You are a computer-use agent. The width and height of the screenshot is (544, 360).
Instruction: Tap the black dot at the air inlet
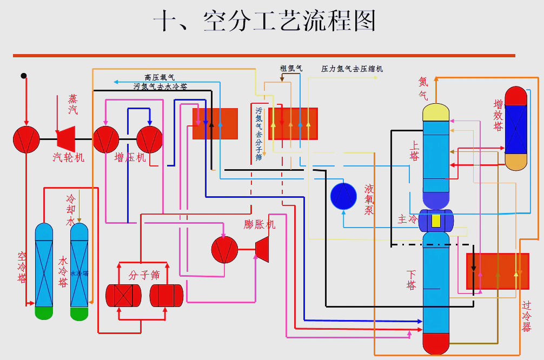(23, 76)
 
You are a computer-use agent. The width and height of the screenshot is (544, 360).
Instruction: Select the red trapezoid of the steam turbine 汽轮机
(66, 139)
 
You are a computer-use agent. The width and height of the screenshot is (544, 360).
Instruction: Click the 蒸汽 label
(73, 104)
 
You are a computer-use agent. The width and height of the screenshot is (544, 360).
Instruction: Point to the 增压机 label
(130, 158)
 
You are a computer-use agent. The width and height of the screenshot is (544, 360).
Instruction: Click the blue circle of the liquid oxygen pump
(343, 196)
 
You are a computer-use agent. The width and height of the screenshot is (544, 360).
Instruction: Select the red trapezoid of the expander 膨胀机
(262, 249)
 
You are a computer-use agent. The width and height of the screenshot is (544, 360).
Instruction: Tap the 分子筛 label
(144, 275)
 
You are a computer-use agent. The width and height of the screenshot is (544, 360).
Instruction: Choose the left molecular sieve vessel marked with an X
(123, 295)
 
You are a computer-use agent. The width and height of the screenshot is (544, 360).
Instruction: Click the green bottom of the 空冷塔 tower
(44, 312)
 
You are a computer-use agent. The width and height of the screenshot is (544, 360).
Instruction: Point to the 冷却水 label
(70, 210)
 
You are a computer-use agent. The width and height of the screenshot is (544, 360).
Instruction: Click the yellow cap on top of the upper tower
(436, 112)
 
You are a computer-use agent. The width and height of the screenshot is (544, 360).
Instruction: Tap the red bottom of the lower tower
(436, 343)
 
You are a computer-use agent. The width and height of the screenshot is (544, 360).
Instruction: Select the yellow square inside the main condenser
(436, 221)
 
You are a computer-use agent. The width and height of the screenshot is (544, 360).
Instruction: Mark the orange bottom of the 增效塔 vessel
(515, 162)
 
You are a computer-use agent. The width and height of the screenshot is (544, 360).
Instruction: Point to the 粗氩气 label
(291, 69)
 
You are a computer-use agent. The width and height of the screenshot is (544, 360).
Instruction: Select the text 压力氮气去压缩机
(352, 69)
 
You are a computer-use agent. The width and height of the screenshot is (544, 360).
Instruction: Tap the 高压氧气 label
(160, 78)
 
